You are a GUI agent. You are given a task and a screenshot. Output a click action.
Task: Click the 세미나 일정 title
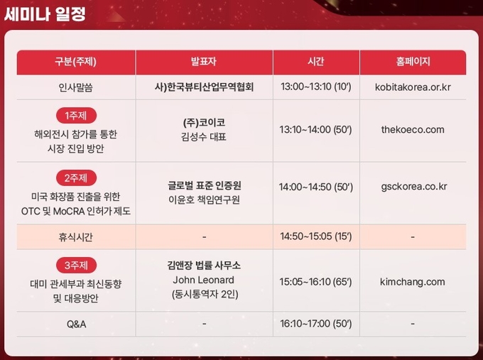point(45,14)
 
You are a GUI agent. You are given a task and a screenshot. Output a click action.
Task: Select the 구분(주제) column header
point(76,62)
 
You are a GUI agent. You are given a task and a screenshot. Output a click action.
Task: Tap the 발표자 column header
point(204,62)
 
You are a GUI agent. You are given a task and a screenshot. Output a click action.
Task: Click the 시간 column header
point(316,62)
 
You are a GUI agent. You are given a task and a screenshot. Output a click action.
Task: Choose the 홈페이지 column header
point(413,62)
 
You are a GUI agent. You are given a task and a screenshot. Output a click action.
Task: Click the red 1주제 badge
point(76,116)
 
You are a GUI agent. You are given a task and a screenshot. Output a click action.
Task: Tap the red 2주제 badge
point(76,178)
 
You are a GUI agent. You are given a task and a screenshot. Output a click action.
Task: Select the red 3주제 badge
point(76,265)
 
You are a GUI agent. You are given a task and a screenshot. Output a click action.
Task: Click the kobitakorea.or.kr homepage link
point(413,87)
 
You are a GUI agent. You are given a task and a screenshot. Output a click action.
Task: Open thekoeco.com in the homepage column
point(413,129)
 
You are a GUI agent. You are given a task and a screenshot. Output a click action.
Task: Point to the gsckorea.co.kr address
point(414,187)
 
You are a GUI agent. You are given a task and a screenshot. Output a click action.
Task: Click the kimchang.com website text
point(413,282)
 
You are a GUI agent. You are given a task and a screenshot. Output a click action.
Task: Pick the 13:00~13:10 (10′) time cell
point(316,87)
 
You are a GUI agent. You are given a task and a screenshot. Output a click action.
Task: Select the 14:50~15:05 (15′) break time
point(316,236)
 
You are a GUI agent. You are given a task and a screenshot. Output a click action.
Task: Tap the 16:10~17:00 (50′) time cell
point(316,324)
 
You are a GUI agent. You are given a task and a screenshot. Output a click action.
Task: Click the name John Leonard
point(204,280)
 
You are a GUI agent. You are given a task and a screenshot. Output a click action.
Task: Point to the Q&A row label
point(77,324)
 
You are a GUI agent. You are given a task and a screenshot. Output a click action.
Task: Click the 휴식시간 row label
point(76,237)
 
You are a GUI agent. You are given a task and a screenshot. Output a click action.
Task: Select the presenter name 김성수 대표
point(204,137)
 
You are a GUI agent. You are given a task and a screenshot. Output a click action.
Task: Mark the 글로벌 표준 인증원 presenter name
point(205,185)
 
